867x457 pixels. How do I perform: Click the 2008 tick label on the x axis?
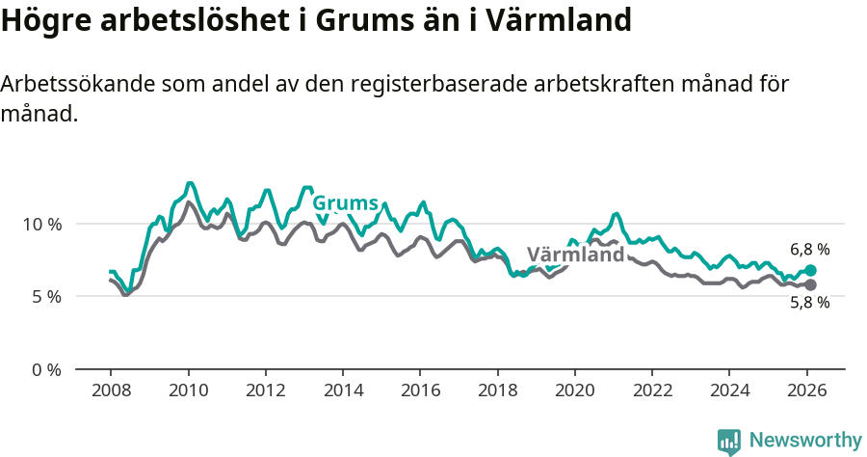pyautogui.click(x=111, y=390)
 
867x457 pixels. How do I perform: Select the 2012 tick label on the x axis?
pyautogui.click(x=265, y=390)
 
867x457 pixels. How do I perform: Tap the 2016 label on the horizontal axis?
pyautogui.click(x=420, y=390)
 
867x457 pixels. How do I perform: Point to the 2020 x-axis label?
pyautogui.click(x=575, y=390)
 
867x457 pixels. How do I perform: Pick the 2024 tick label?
pyautogui.click(x=729, y=390)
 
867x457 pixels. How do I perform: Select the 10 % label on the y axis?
pyautogui.click(x=42, y=224)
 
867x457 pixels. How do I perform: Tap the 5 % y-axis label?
pyautogui.click(x=46, y=296)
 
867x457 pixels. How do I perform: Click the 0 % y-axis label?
pyautogui.click(x=46, y=369)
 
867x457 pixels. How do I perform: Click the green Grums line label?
pyautogui.click(x=345, y=203)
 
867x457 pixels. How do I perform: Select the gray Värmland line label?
pyautogui.click(x=575, y=255)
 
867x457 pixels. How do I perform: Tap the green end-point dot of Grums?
pyautogui.click(x=810, y=271)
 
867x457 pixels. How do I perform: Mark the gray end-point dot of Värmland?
pyautogui.click(x=810, y=285)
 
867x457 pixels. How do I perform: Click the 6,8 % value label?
pyautogui.click(x=809, y=250)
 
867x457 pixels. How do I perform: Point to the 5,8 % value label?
pyautogui.click(x=809, y=303)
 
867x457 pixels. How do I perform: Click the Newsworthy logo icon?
pyautogui.click(x=729, y=441)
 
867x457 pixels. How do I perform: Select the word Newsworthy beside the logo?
pyautogui.click(x=805, y=441)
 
